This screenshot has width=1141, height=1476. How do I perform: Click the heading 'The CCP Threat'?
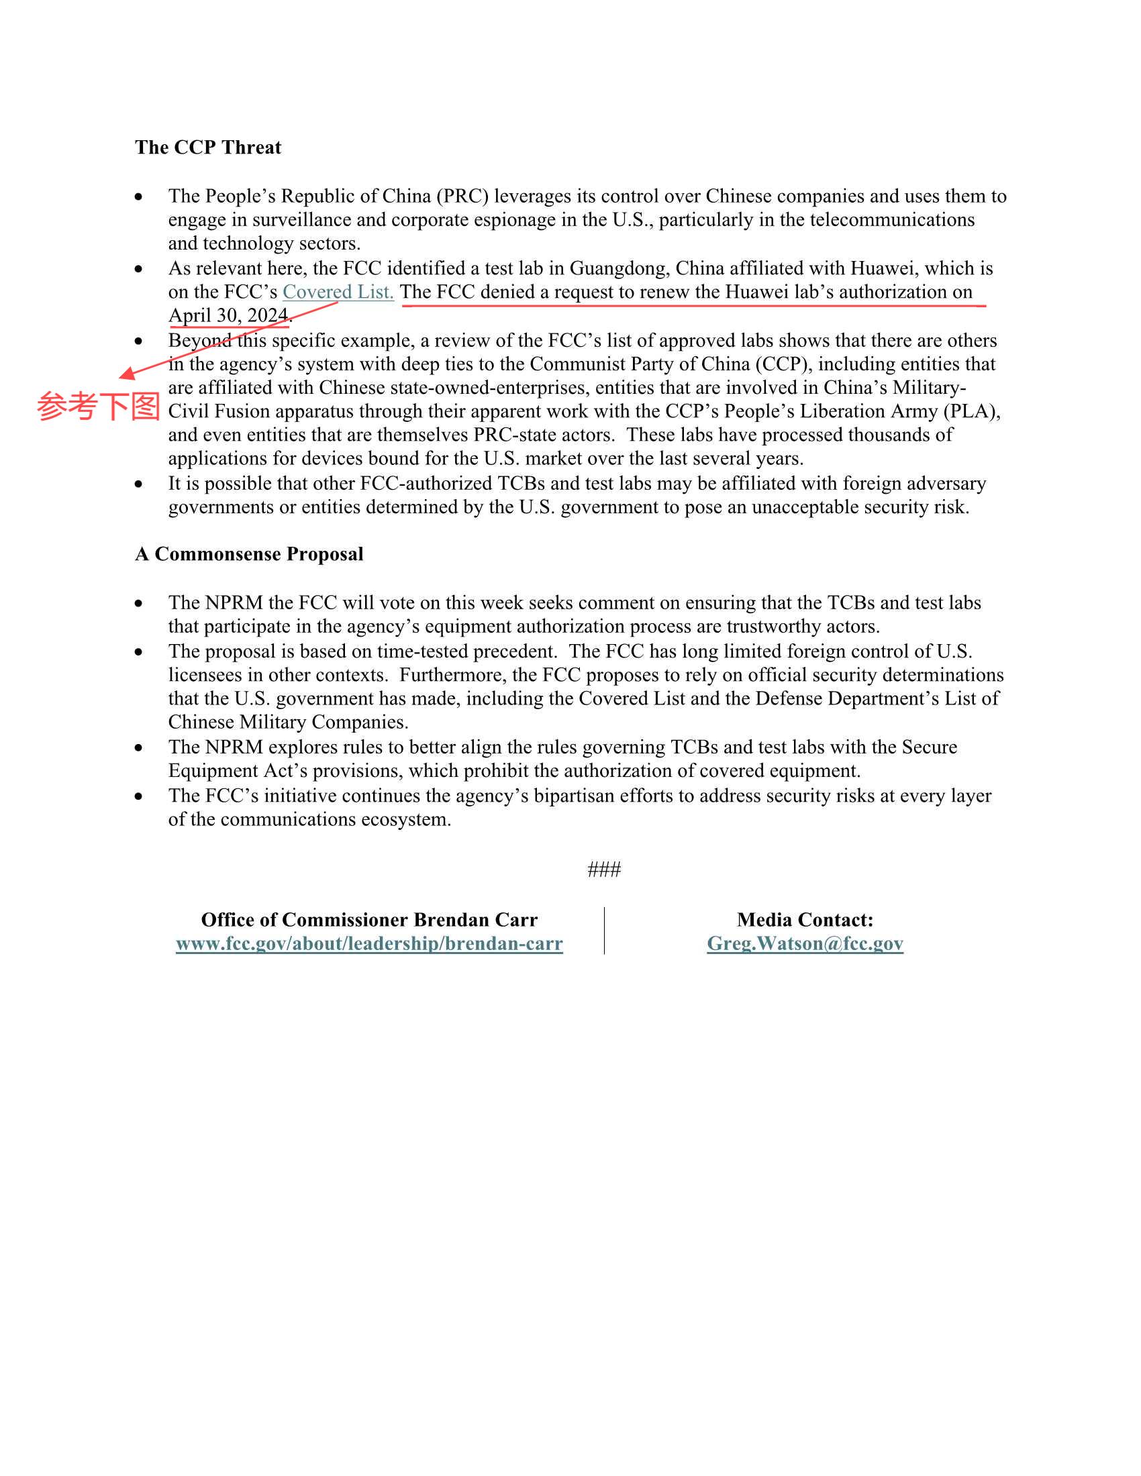[207, 148]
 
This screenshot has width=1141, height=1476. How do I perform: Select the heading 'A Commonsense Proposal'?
[249, 554]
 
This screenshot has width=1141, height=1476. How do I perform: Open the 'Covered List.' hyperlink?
[338, 292]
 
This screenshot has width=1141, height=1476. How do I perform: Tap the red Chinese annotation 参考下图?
[98, 407]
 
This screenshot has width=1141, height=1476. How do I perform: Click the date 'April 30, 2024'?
[228, 315]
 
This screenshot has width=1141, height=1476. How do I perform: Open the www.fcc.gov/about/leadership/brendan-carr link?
[369, 943]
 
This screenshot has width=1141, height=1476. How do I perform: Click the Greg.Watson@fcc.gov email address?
[804, 943]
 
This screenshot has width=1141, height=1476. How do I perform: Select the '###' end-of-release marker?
[603, 869]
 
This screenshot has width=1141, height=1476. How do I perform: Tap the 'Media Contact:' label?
[804, 920]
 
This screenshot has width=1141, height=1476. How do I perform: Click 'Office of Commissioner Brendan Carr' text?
[369, 920]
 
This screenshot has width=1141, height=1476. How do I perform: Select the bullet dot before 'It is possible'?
[138, 484]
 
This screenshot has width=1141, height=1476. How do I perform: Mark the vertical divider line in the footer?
[604, 931]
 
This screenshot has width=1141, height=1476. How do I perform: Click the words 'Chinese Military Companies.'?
[288, 723]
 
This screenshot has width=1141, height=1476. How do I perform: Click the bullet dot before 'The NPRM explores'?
[138, 747]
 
